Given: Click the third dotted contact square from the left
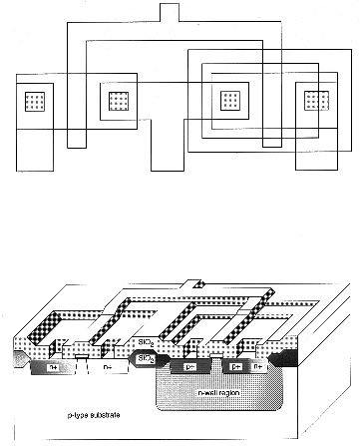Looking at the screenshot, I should [x=230, y=101].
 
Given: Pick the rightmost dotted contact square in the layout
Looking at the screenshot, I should [x=316, y=101].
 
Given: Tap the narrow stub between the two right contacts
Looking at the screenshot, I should [x=272, y=137].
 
